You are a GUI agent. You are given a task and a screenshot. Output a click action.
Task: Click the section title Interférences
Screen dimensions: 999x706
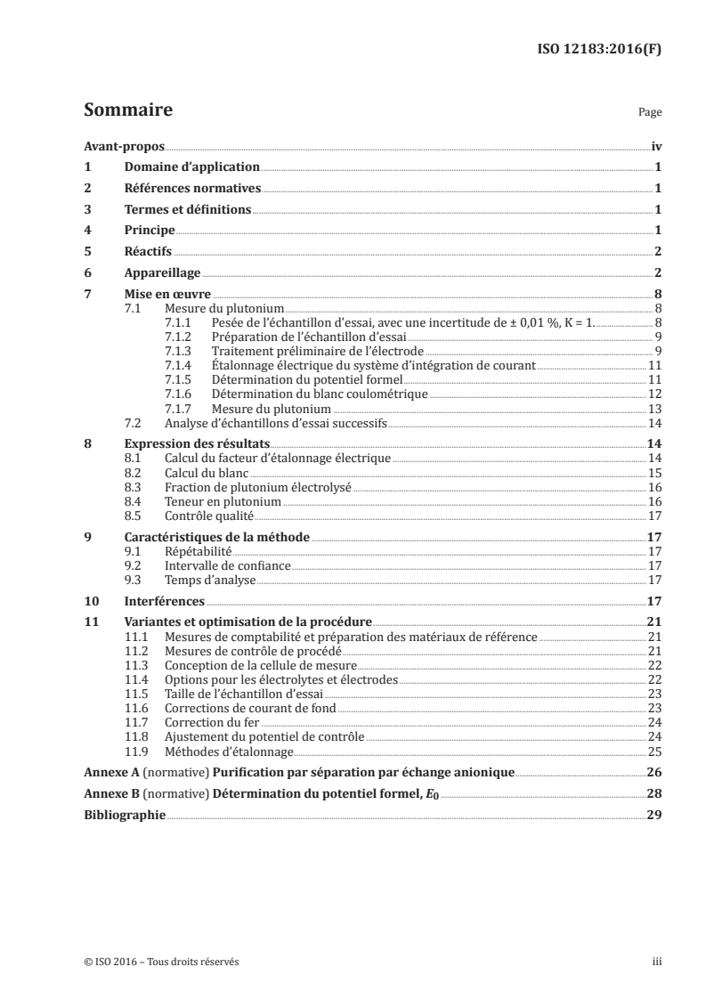point(163,601)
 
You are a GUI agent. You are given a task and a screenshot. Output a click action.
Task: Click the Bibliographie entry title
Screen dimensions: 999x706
point(124,815)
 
